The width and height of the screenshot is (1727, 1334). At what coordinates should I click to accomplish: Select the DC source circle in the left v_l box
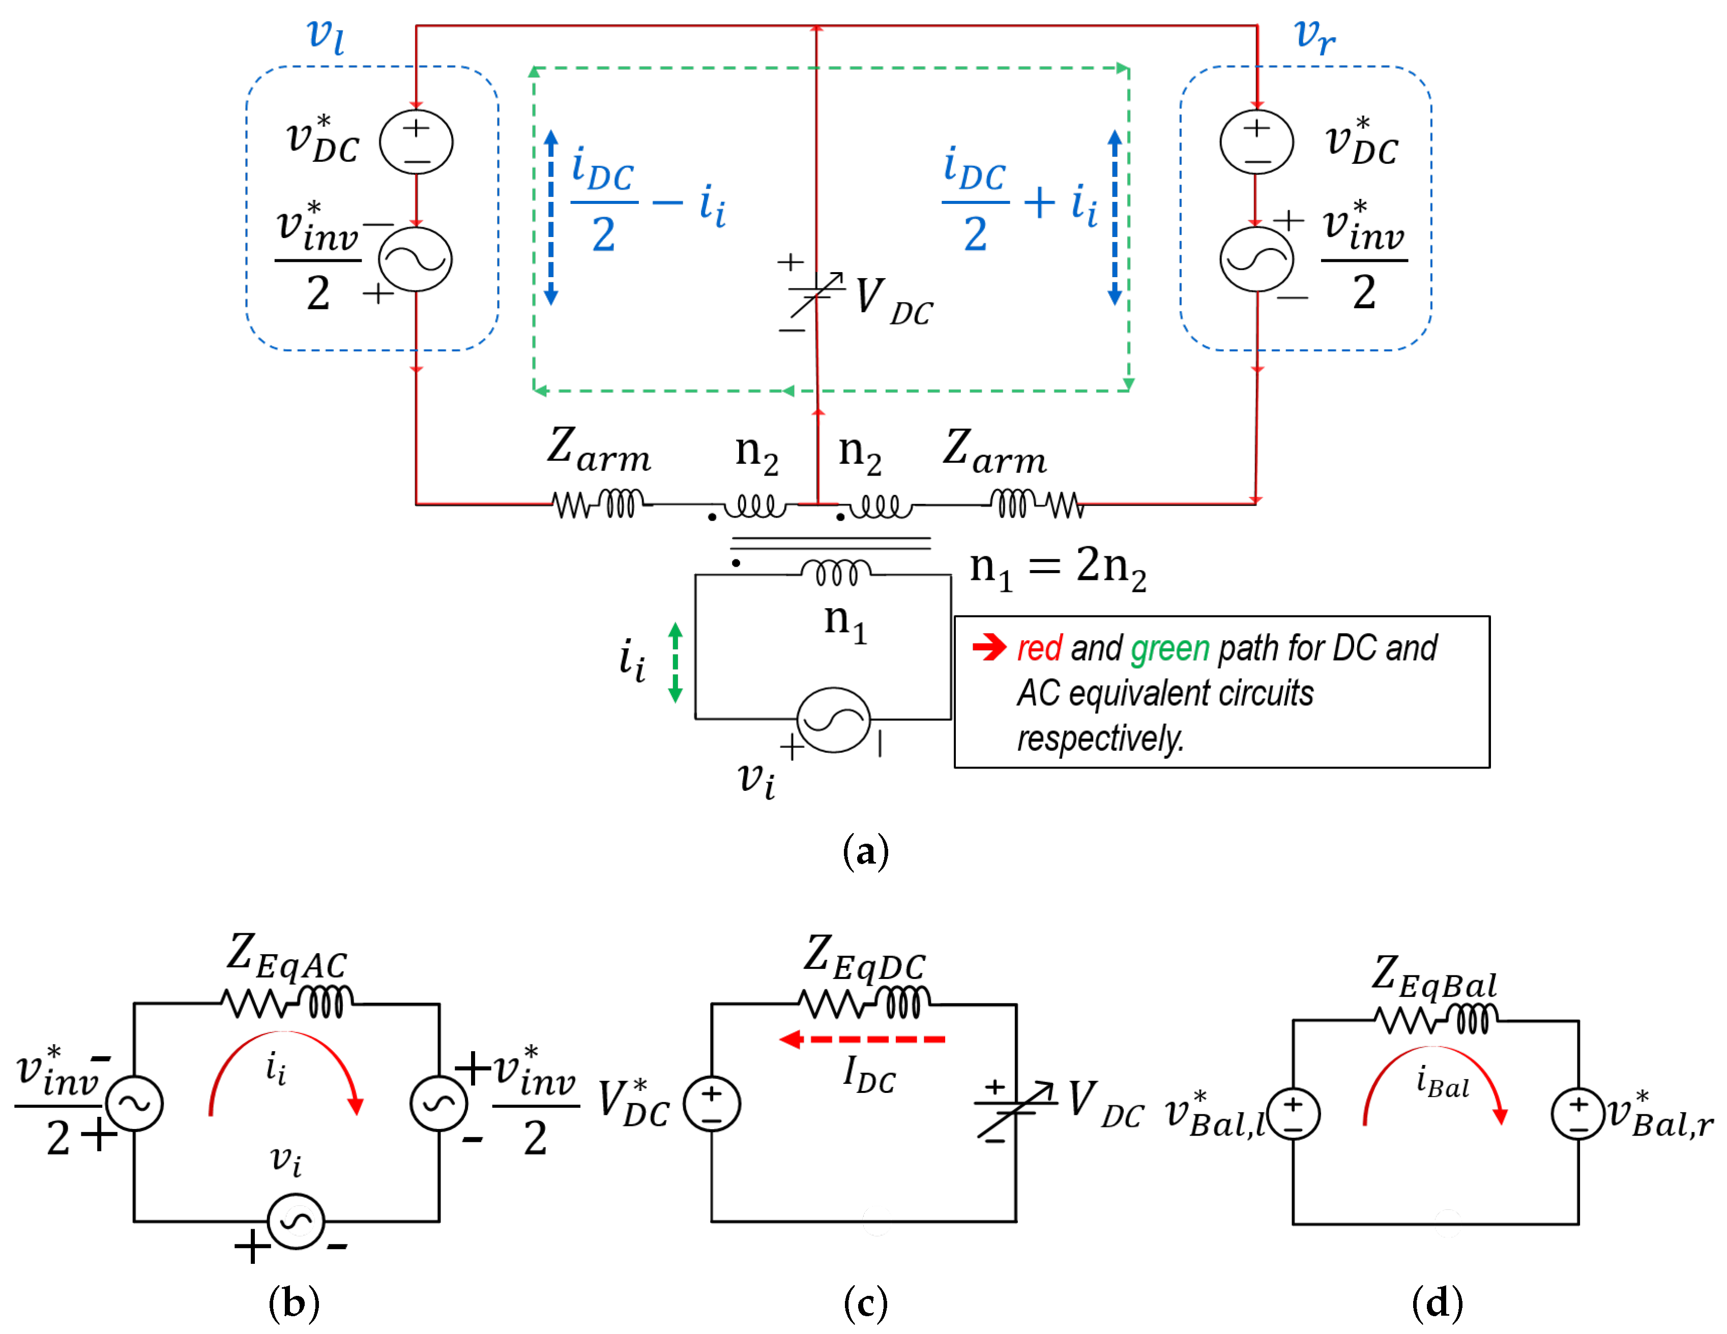(416, 142)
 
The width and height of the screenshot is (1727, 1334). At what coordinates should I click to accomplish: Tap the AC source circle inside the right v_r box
(1256, 259)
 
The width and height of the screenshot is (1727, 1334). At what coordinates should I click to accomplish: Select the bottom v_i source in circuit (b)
(296, 1222)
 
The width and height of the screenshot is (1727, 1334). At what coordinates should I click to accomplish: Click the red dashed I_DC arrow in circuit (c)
(862, 1039)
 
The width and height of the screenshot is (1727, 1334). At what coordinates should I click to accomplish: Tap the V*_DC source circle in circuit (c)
(712, 1104)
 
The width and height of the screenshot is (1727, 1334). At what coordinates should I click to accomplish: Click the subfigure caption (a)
(865, 852)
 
